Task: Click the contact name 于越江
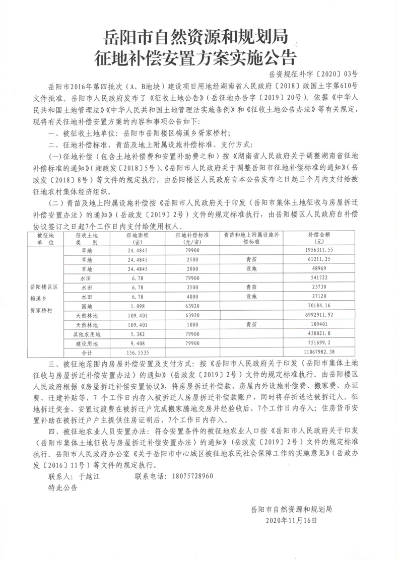point(90,476)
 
